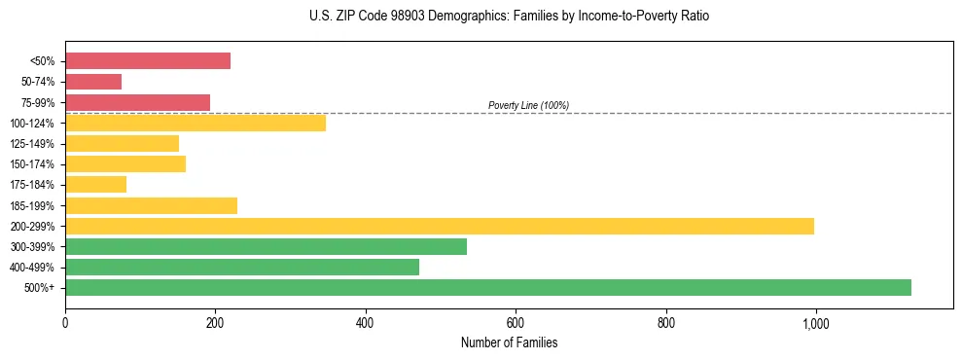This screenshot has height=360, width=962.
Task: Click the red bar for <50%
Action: [148, 61]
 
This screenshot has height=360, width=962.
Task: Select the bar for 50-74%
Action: [93, 82]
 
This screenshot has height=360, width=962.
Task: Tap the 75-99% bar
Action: [137, 102]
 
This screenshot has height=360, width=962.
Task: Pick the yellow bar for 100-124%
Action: [196, 123]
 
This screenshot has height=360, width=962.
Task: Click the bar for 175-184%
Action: [95, 184]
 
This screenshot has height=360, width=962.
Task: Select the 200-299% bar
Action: [440, 226]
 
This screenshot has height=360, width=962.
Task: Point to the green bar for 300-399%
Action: [266, 246]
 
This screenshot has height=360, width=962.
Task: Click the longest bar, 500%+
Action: [488, 287]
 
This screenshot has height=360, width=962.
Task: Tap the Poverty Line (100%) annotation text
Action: [528, 105]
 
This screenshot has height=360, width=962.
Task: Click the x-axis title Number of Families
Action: [509, 342]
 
